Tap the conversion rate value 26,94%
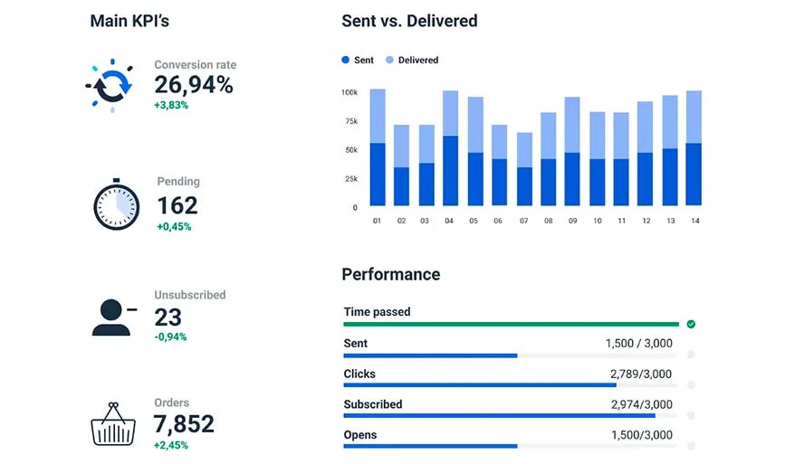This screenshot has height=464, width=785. tap(193, 85)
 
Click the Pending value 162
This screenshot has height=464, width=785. tap(177, 206)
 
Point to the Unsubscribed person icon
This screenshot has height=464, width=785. tap(112, 316)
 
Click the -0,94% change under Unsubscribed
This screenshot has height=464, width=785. tap(170, 336)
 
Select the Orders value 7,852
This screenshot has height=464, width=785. tap(184, 423)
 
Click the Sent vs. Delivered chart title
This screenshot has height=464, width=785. tap(409, 21)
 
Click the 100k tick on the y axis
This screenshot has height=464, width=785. tap(349, 92)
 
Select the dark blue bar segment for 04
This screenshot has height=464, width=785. tap(449, 171)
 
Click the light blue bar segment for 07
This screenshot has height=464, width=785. tap(524, 150)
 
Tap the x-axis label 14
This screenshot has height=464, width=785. tap(694, 221)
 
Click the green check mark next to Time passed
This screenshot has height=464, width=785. tap(691, 324)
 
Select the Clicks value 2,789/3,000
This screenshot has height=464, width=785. tap(641, 374)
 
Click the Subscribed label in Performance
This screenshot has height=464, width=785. tap(373, 404)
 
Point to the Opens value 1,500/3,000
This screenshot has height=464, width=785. tap(641, 435)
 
